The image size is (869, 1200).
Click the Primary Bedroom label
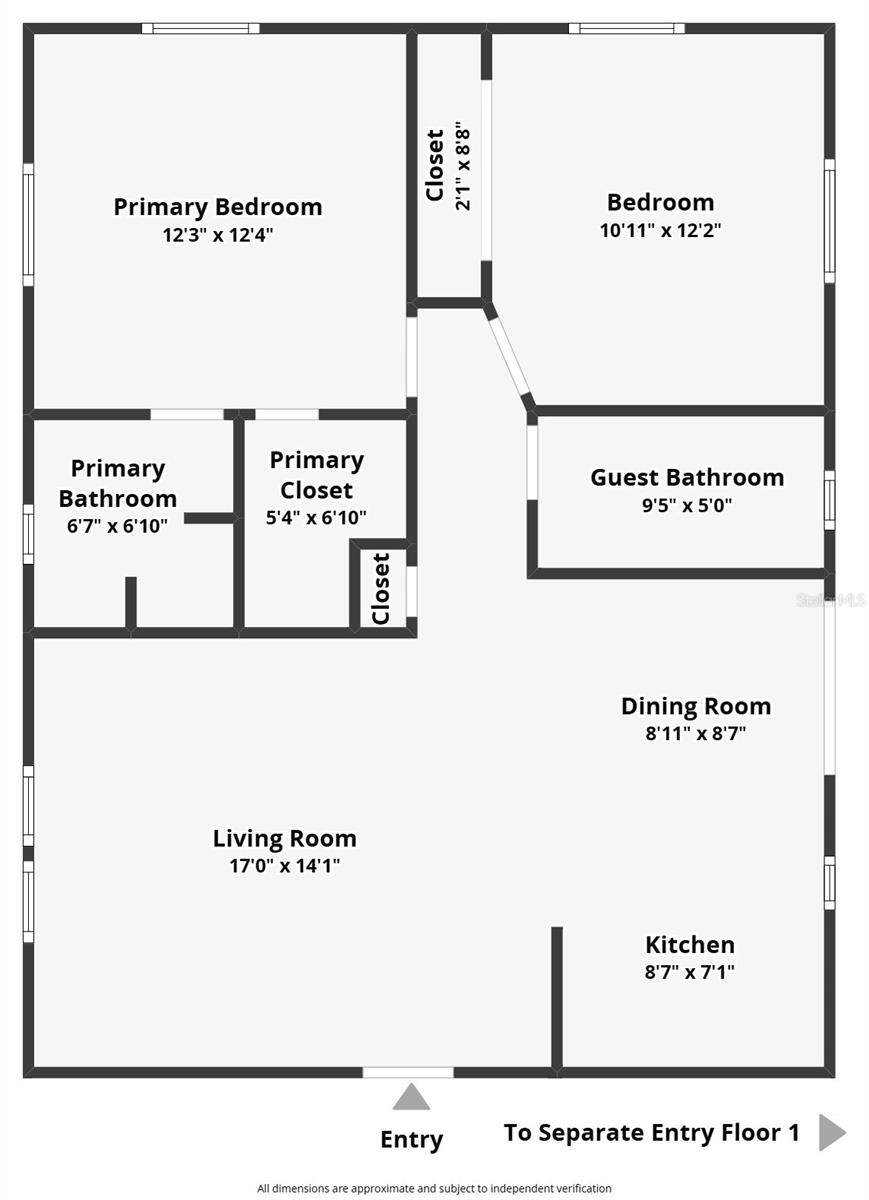(218, 207)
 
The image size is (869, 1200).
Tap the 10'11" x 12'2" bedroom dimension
(660, 230)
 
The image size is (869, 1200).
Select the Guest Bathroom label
(687, 477)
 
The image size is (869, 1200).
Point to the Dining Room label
(696, 706)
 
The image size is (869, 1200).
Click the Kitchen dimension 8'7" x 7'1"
(690, 971)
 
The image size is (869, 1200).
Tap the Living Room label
(284, 838)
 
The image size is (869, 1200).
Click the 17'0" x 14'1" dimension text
(285, 866)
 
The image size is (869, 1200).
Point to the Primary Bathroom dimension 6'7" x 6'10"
(118, 524)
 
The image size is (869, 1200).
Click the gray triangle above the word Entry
(410, 1098)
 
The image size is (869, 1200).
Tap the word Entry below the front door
(411, 1139)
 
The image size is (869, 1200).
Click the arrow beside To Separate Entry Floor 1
(832, 1133)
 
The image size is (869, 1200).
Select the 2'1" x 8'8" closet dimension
(463, 167)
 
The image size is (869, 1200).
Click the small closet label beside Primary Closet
(381, 588)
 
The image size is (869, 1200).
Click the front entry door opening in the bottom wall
(407, 1072)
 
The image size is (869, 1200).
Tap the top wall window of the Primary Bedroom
(200, 28)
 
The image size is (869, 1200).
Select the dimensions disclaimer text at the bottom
(434, 1188)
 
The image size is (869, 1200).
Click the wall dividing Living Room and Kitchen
(557, 997)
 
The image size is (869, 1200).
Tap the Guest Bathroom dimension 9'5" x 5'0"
(687, 505)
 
